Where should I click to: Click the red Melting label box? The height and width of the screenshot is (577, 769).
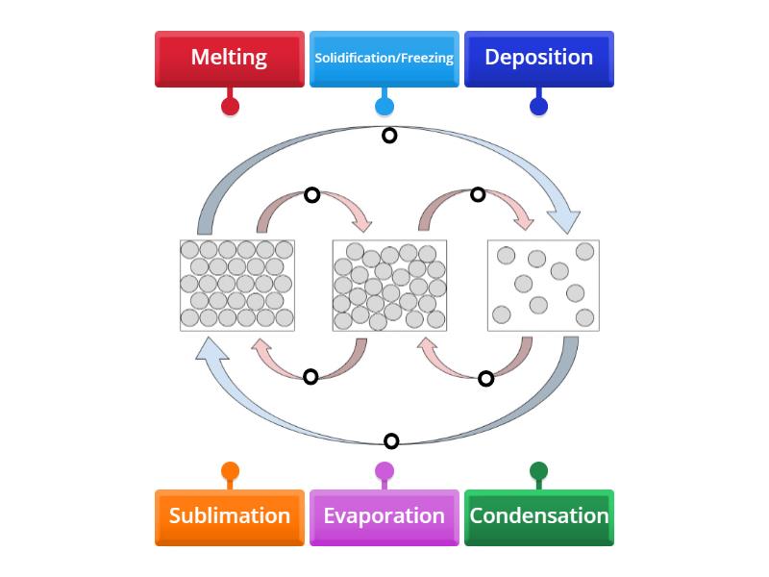click(230, 59)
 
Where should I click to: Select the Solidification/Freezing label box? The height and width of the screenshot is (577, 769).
click(384, 59)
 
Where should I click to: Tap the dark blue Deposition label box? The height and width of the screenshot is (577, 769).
click(539, 59)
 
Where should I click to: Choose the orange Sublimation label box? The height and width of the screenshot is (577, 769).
click(230, 517)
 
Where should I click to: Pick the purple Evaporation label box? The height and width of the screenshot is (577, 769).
click(384, 517)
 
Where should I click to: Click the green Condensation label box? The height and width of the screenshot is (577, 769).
click(539, 517)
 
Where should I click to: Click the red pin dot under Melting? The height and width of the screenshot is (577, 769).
click(230, 107)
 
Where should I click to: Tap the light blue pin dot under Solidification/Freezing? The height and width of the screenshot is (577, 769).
click(384, 107)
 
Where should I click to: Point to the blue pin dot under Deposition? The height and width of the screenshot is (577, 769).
click(539, 107)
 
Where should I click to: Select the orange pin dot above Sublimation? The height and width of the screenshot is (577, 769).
click(230, 471)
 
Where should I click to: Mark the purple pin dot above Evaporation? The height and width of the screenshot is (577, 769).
click(384, 471)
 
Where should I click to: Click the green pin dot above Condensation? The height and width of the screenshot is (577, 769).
click(539, 471)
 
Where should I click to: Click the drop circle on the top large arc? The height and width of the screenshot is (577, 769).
click(389, 136)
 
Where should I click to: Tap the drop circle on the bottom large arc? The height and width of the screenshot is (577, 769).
click(391, 441)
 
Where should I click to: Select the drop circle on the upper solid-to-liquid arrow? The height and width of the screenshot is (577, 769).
click(312, 195)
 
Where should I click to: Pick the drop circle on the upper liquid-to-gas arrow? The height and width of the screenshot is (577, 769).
click(478, 194)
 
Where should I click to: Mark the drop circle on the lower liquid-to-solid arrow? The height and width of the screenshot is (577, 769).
click(310, 377)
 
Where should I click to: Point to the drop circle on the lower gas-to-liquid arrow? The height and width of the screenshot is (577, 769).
click(486, 379)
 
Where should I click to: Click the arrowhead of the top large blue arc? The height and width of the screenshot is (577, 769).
click(565, 221)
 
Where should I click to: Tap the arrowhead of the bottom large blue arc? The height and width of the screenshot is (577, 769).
click(211, 349)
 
